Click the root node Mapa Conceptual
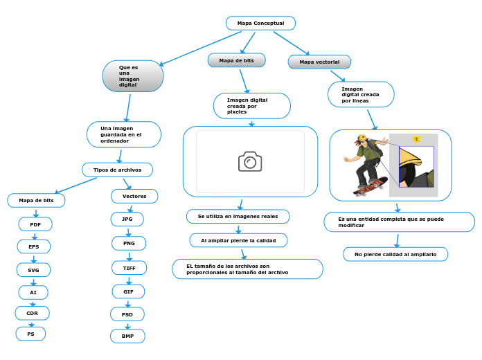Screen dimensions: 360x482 tap(260, 24)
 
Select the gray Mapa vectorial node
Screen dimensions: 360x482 tap(319, 62)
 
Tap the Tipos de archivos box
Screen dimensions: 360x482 tap(117, 170)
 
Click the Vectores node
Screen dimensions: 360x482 tap(134, 197)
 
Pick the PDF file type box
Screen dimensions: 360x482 tap(35, 224)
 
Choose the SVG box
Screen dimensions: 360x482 tap(34, 270)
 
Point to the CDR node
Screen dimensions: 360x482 tap(33, 314)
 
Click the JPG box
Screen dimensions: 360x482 tap(127, 219)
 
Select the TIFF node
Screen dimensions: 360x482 tap(130, 267)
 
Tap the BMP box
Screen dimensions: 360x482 tap(128, 336)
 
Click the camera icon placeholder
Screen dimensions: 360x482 tap(250, 161)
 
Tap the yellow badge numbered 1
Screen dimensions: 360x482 tap(416, 139)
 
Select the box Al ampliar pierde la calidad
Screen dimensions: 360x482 tap(238, 240)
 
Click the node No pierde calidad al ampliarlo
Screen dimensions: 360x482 tap(395, 255)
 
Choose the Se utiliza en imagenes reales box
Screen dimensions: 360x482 tap(238, 217)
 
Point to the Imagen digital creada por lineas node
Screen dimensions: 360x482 tap(361, 95)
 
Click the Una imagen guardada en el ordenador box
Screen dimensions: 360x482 tap(124, 134)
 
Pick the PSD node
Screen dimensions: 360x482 tap(127, 314)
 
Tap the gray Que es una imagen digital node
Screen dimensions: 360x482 tap(133, 76)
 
